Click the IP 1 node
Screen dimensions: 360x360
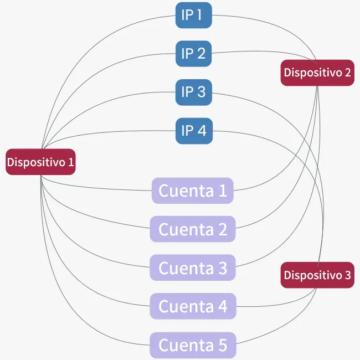tap(193, 15)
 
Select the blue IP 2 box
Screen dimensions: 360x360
tap(193, 54)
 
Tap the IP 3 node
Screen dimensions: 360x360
tap(193, 92)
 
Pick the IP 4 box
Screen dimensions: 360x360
tap(194, 131)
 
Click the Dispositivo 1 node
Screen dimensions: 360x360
tap(40, 162)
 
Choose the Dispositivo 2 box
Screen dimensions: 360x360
tap(317, 73)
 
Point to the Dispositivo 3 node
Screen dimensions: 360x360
tap(317, 275)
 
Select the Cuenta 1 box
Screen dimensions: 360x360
tap(193, 191)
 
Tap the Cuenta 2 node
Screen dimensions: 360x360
tap(193, 229)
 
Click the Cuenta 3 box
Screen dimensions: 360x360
tap(193, 268)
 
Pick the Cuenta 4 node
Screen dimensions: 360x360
tap(193, 306)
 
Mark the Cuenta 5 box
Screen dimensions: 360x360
tap(193, 345)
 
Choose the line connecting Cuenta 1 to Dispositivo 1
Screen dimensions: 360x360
tap(92, 187)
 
